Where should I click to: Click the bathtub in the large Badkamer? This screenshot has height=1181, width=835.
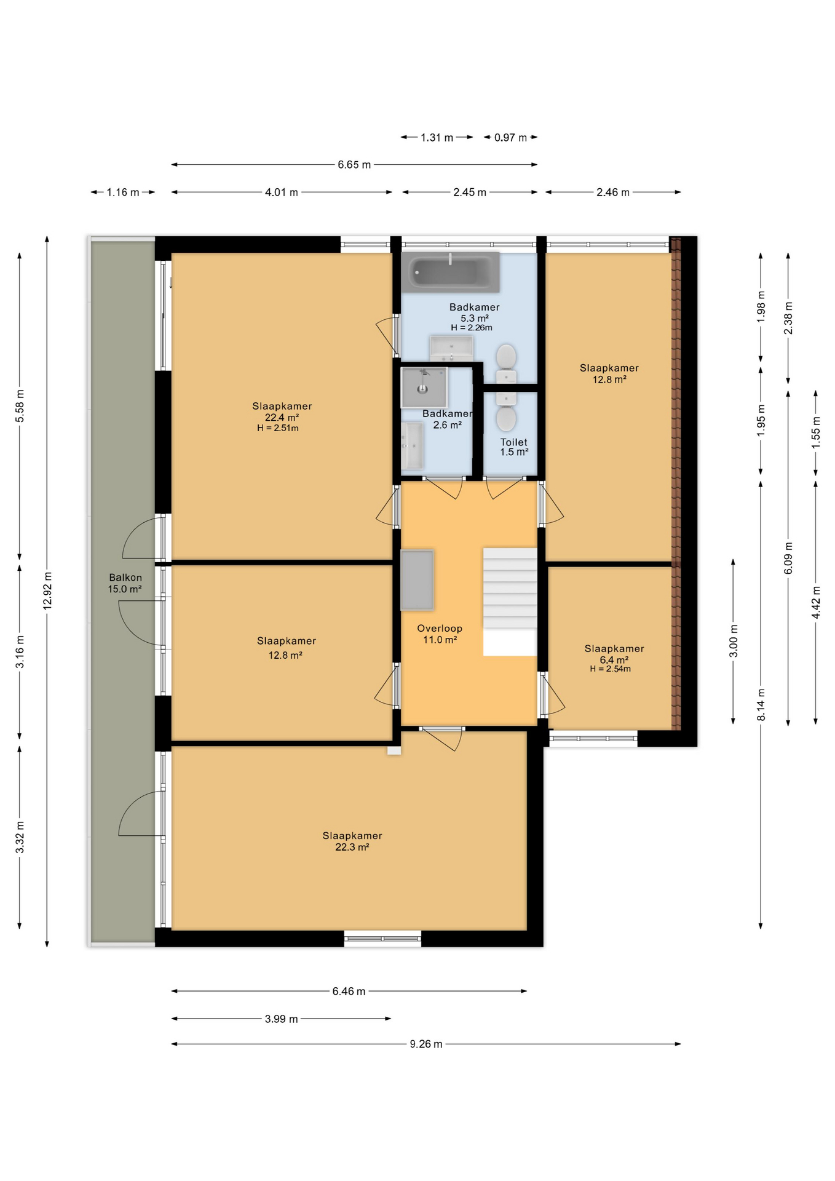point(450,272)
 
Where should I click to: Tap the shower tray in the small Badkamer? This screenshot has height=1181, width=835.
point(423,388)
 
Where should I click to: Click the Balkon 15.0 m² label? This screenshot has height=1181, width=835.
point(125,583)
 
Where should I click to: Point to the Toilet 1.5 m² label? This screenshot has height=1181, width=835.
point(514,447)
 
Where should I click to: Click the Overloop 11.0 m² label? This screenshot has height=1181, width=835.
point(440,634)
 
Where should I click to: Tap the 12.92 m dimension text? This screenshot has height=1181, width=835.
point(47,590)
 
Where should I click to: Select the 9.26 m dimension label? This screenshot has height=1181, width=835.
point(426,1044)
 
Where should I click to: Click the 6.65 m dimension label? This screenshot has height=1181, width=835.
point(354,165)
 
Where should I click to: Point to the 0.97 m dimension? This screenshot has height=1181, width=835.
point(510,137)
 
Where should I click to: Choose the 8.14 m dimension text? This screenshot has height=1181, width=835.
point(761,705)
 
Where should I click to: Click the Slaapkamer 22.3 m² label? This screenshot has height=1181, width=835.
point(352,841)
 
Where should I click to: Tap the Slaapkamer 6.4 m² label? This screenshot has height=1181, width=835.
point(614,654)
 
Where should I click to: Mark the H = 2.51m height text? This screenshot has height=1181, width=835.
point(278,428)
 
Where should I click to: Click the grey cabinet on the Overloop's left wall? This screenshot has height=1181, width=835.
point(417,580)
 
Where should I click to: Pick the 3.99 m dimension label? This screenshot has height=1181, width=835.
point(281,1019)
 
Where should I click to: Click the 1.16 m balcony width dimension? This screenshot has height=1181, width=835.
point(123,193)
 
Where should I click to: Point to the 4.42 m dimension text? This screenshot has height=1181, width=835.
point(816,602)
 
